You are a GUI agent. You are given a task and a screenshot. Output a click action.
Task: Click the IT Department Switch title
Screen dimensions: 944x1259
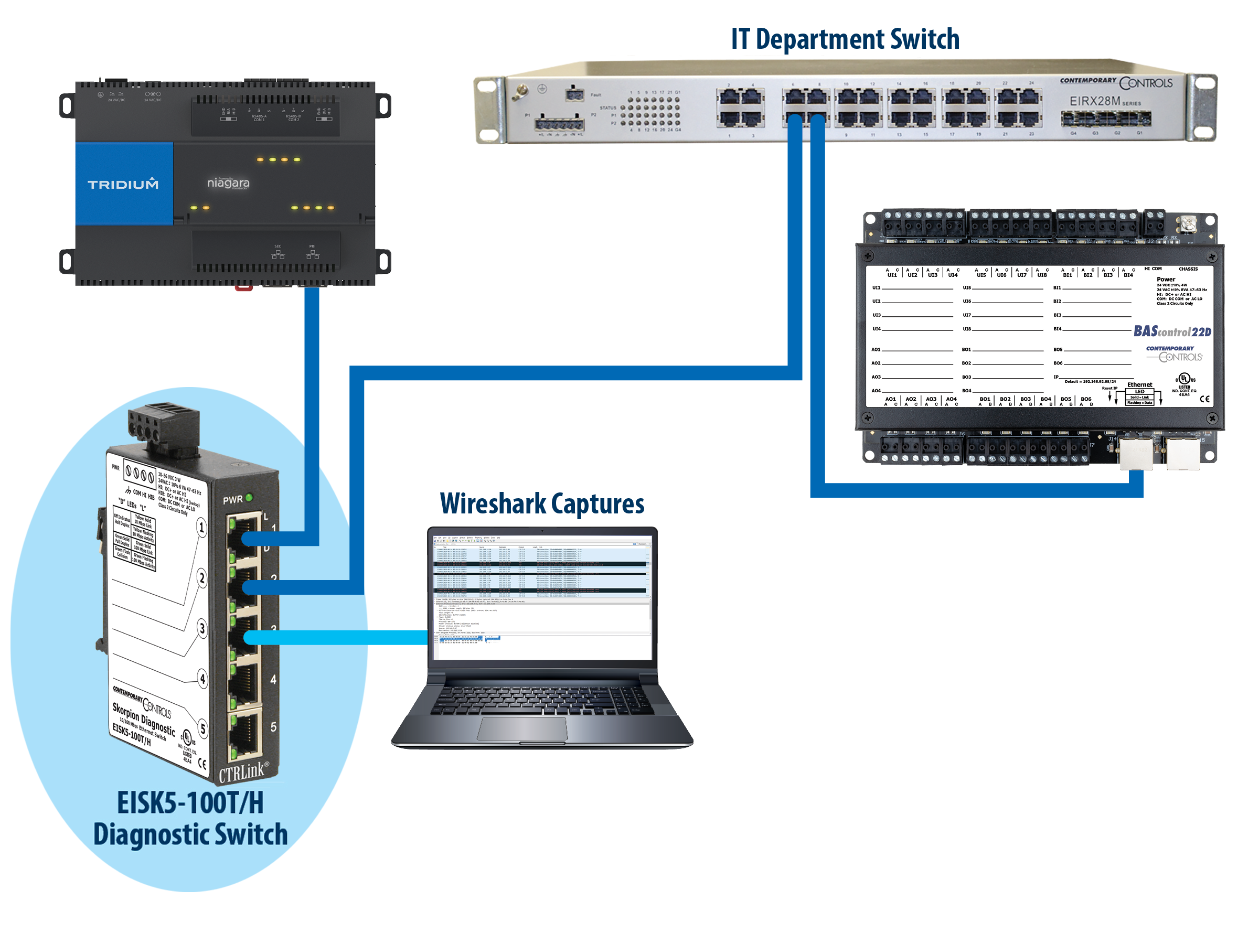click(x=845, y=39)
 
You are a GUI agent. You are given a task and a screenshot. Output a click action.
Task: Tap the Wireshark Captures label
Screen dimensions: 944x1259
click(x=542, y=504)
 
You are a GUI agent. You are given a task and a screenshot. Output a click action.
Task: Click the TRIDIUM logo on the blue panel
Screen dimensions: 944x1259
click(x=123, y=184)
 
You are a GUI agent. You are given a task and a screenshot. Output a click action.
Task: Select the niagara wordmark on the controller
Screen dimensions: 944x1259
click(x=228, y=183)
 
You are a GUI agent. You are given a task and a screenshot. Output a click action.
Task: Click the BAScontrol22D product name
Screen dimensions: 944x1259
click(x=1172, y=331)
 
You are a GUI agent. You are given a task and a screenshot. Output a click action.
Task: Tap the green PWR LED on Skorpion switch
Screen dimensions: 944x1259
click(x=249, y=498)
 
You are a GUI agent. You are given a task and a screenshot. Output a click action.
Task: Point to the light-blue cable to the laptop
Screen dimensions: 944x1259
click(x=342, y=637)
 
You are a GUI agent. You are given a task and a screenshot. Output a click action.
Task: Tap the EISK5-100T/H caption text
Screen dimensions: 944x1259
click(x=190, y=803)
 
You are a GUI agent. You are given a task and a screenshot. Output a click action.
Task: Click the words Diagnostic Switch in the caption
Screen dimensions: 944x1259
click(x=190, y=835)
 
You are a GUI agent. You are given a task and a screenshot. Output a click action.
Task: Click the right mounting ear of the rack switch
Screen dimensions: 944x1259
click(x=1202, y=107)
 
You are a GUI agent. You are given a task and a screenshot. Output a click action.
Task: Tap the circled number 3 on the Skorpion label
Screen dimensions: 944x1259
click(x=201, y=629)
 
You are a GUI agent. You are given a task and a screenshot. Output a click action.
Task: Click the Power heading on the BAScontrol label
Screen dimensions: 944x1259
click(x=1166, y=280)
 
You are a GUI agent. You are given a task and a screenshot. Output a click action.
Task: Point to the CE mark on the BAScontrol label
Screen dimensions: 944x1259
click(x=1205, y=399)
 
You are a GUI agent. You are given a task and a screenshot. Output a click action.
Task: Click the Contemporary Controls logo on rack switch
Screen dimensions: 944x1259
click(x=1116, y=82)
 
